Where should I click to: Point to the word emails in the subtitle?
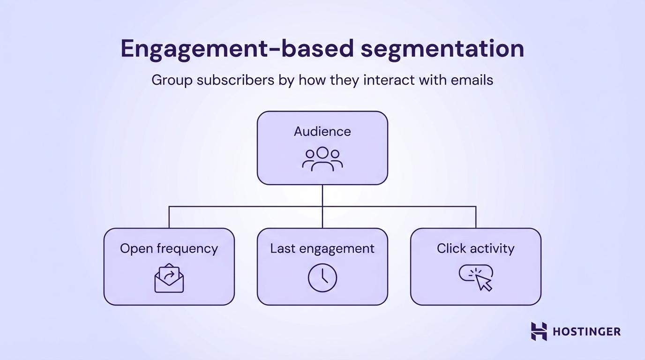(472, 80)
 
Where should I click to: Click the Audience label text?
(322, 132)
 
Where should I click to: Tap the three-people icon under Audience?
(322, 159)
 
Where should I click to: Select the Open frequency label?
(169, 248)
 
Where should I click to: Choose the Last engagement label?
(322, 248)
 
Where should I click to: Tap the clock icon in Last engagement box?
(322, 277)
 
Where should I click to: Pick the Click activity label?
(475, 248)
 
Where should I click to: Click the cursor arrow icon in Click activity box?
(483, 282)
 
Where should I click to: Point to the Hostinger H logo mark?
(539, 331)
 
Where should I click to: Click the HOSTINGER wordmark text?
(586, 332)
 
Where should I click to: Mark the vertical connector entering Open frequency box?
(169, 217)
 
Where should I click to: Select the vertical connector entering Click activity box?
(476, 217)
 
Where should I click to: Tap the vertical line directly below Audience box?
(322, 195)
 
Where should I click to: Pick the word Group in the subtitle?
(172, 80)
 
